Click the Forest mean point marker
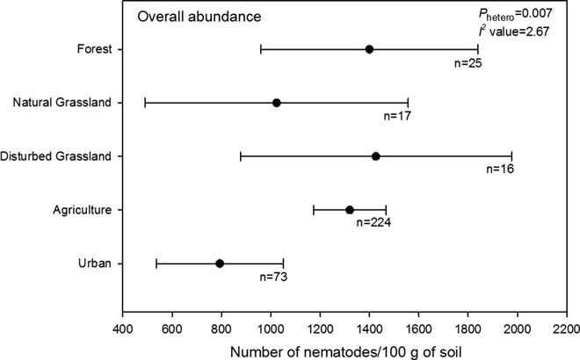pyautogui.click(x=369, y=49)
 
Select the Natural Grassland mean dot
pyautogui.click(x=276, y=103)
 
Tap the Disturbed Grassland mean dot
pyautogui.click(x=376, y=156)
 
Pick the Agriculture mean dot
pyautogui.click(x=350, y=210)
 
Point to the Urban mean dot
pyautogui.click(x=220, y=263)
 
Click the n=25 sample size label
pyautogui.click(x=468, y=63)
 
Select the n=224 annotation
pyautogui.click(x=373, y=222)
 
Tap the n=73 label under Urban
pyautogui.click(x=273, y=277)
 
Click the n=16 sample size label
pyautogui.click(x=500, y=169)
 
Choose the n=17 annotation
pyautogui.click(x=397, y=116)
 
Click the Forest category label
pyautogui.click(x=94, y=49)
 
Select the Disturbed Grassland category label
pyautogui.click(x=55, y=156)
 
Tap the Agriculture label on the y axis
pyautogui.click(x=82, y=210)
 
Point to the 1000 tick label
pyautogui.click(x=271, y=328)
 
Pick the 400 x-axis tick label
pyautogui.click(x=122, y=328)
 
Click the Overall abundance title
pyautogui.click(x=199, y=17)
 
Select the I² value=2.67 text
pyautogui.click(x=514, y=31)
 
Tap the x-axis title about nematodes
pyautogui.click(x=346, y=352)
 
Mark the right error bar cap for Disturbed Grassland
pyautogui.click(x=511, y=156)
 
